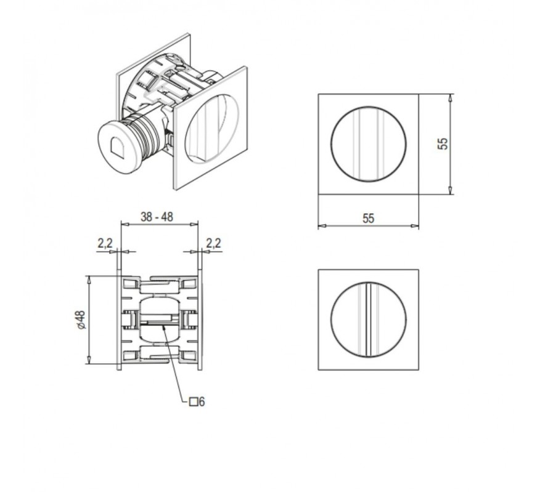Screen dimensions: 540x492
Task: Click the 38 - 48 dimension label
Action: pos(157,217)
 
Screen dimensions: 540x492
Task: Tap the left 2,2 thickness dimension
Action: pos(105,243)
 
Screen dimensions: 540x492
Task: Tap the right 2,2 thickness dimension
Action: pos(213,243)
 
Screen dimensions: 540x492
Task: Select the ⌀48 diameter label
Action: pos(81,320)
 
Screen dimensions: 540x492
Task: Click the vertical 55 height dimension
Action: pos(443,143)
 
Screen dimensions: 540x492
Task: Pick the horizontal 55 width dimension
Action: pos(368,218)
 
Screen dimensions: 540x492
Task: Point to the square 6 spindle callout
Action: pos(197,401)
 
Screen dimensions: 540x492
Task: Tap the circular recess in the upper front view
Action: pos(369,144)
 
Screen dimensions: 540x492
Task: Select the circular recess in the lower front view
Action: pos(369,320)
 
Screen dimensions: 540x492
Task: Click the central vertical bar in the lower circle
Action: pos(368,320)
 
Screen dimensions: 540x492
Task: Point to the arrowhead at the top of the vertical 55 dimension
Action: pos(450,97)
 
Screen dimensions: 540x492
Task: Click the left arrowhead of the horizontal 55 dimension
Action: pos(322,226)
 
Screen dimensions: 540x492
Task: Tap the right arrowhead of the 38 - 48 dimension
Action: pos(194,224)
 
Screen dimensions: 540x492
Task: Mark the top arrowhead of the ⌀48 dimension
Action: pos(89,280)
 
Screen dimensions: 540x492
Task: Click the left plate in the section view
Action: pos(119,323)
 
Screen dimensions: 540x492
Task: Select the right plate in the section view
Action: pos(200,323)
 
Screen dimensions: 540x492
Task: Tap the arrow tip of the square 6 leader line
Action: pos(163,326)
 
